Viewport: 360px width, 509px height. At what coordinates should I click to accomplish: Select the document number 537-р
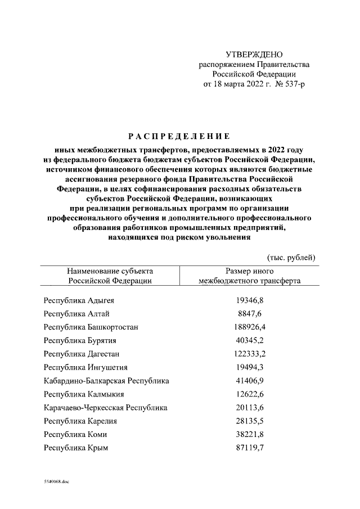coord(291,84)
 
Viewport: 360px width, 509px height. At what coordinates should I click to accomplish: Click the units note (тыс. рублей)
coord(291,257)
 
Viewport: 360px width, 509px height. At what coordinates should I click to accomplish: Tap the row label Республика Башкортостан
coord(91,327)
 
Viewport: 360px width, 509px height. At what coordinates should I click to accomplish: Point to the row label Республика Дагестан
coord(81,354)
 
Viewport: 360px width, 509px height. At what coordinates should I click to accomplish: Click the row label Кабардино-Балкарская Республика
coord(106,381)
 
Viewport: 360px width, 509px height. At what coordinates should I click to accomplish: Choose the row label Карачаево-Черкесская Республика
coord(105,408)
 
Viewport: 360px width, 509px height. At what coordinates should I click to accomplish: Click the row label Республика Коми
coord(75,435)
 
